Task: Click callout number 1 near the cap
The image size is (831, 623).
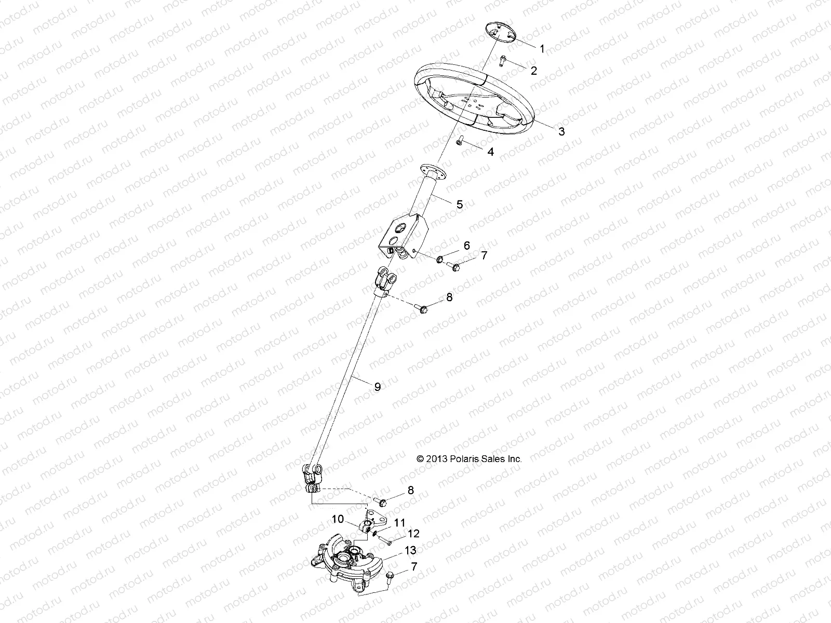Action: click(x=542, y=49)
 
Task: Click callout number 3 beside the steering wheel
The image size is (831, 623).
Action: click(x=561, y=131)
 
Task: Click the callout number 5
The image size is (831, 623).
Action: click(x=459, y=204)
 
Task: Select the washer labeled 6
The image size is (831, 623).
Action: click(x=440, y=259)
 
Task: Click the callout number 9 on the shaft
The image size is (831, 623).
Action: click(x=377, y=386)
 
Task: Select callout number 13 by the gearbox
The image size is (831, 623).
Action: click(x=410, y=550)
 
